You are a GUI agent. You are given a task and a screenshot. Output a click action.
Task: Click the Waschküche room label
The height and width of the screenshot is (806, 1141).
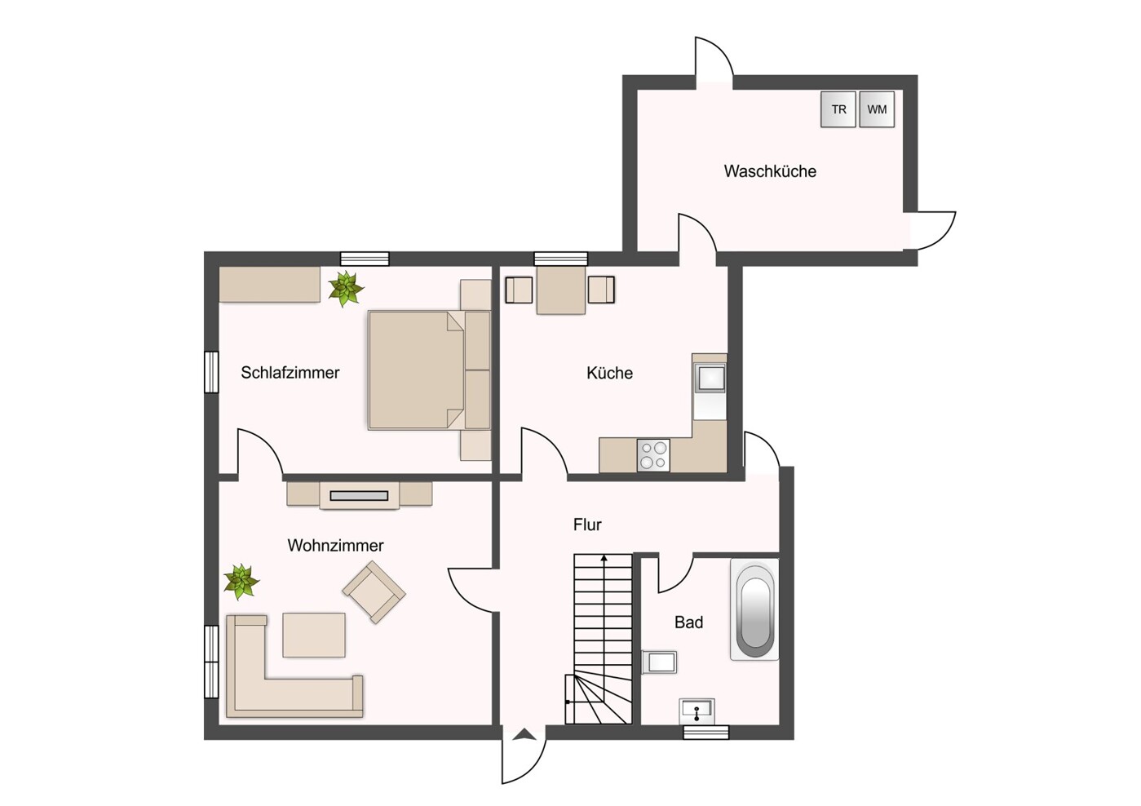[x=770, y=171]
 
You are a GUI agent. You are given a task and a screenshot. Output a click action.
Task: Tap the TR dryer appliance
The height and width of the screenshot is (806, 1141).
[x=838, y=109]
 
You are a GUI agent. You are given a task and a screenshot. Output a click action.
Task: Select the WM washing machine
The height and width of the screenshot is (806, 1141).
[x=877, y=109]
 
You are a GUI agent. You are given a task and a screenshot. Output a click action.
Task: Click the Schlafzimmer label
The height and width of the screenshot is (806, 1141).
[x=290, y=373]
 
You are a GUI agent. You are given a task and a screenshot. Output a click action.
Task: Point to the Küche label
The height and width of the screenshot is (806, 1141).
[x=609, y=373]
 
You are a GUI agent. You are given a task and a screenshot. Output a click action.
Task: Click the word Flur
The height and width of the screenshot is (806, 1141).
[x=587, y=525]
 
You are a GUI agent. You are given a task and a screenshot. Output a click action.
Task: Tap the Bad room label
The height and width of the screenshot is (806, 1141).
[x=688, y=622]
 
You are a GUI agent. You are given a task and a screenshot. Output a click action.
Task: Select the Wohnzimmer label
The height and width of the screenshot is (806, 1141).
[x=335, y=545]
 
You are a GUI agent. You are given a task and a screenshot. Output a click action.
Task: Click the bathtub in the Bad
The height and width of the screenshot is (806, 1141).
[x=754, y=609]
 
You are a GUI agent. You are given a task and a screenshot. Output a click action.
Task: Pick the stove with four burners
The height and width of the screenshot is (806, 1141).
[x=653, y=455]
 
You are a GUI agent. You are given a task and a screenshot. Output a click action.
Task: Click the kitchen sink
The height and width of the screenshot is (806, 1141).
[x=710, y=378]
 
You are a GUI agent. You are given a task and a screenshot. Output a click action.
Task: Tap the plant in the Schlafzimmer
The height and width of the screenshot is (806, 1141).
[x=345, y=288]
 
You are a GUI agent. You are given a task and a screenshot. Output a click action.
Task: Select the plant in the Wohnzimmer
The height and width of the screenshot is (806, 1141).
[x=241, y=582]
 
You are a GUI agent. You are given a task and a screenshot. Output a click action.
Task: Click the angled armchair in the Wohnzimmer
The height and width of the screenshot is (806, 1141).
[x=374, y=592]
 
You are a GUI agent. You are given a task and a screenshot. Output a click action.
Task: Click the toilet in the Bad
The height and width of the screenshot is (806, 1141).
[x=659, y=662]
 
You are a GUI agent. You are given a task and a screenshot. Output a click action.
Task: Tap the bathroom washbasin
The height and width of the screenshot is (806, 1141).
[x=697, y=711]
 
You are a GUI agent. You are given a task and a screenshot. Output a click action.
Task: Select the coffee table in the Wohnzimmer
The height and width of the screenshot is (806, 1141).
[x=314, y=635]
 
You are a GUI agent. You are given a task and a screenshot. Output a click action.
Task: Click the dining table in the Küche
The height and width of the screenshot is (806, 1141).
[x=560, y=290]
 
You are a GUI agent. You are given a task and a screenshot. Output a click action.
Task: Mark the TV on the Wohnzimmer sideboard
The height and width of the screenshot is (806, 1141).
[x=359, y=496]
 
